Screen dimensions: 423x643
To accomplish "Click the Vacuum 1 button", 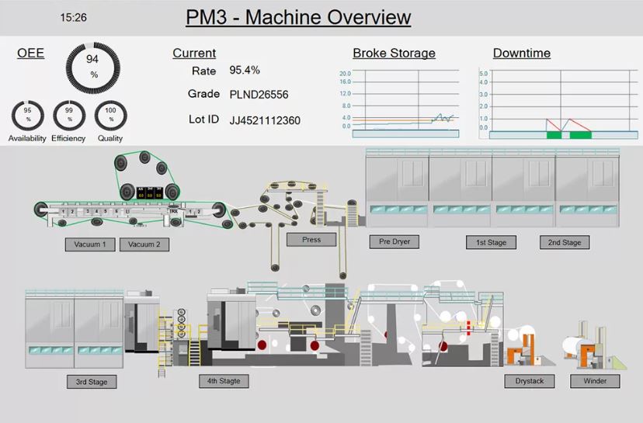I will (x=90, y=244).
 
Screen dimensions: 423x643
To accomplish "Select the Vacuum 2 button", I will (x=144, y=244).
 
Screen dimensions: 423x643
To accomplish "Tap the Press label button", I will (x=311, y=240).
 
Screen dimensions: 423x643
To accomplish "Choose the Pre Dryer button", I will (x=394, y=241).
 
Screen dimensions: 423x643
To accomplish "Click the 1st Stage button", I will (x=491, y=243).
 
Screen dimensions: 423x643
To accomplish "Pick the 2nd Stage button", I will (x=565, y=243).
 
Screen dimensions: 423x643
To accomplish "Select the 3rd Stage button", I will (x=92, y=382).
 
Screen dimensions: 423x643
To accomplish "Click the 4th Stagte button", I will (x=224, y=381).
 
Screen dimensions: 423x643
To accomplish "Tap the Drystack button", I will (x=530, y=381).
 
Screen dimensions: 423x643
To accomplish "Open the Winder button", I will (x=595, y=381).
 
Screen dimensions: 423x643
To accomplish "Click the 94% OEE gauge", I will (x=93, y=67).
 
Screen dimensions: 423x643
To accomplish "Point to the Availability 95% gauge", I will (x=28, y=116).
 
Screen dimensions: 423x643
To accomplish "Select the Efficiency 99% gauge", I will (x=69, y=116).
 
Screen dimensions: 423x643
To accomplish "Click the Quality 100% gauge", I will (x=110, y=116).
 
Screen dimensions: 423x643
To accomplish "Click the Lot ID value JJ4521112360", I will (x=265, y=120).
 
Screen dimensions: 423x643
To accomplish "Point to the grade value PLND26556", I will (x=259, y=95).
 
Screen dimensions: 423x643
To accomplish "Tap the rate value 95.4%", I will (x=245, y=70).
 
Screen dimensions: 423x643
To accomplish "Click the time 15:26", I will (x=73, y=17).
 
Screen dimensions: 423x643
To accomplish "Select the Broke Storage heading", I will (x=394, y=54).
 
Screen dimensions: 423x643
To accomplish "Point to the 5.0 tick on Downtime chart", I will (x=483, y=74).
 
